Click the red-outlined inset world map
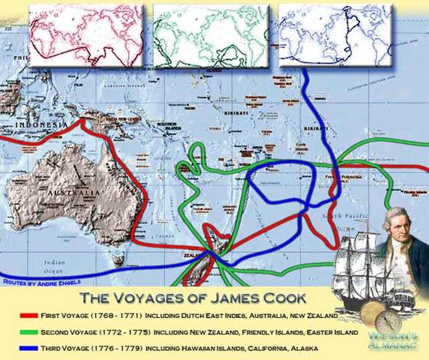click(x=85, y=35)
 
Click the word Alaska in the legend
click(x=302, y=348)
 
